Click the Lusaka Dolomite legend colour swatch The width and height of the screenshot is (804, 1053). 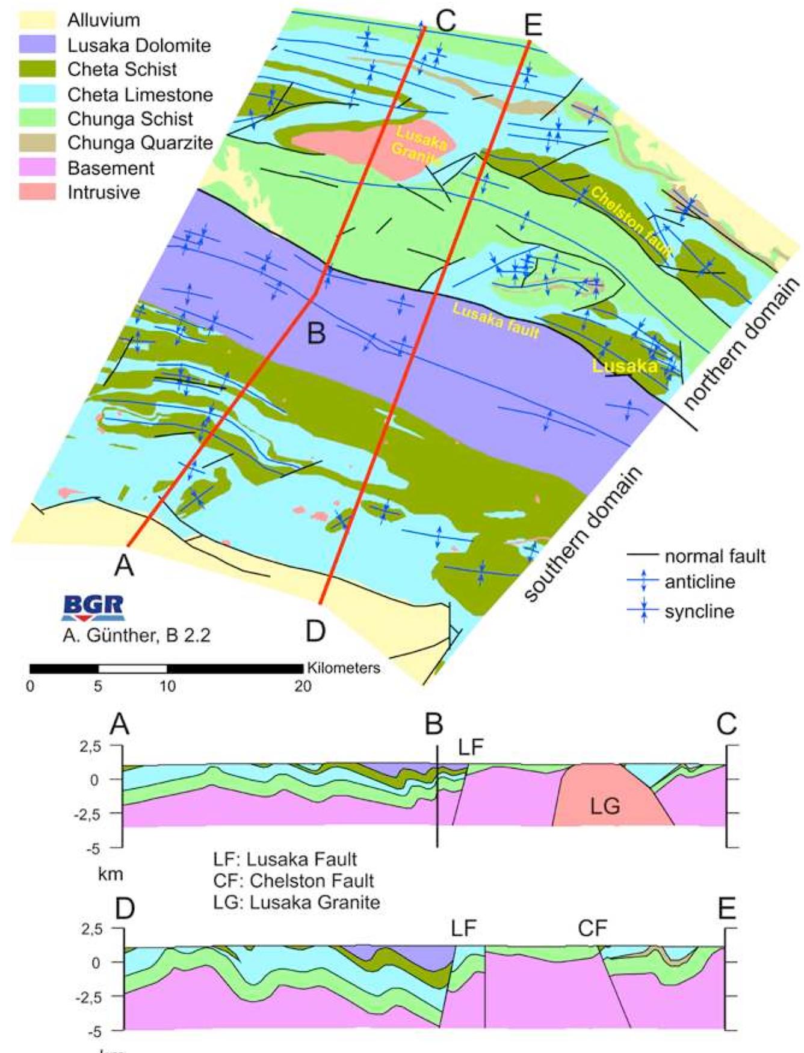37,45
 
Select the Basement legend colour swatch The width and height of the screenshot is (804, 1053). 37,168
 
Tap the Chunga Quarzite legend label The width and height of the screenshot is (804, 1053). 140,143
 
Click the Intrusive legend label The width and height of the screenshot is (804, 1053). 104,192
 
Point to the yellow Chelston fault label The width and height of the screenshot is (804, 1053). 630,223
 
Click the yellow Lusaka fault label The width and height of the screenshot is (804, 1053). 495,321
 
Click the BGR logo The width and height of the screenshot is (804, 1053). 93,607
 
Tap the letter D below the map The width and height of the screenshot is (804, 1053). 315,631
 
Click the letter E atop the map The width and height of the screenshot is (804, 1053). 533,25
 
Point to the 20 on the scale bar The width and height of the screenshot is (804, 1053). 303,686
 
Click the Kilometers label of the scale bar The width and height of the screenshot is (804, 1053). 344,668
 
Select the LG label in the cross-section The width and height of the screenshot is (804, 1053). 605,806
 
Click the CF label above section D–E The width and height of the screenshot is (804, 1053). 593,929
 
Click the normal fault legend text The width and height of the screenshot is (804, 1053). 715,556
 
